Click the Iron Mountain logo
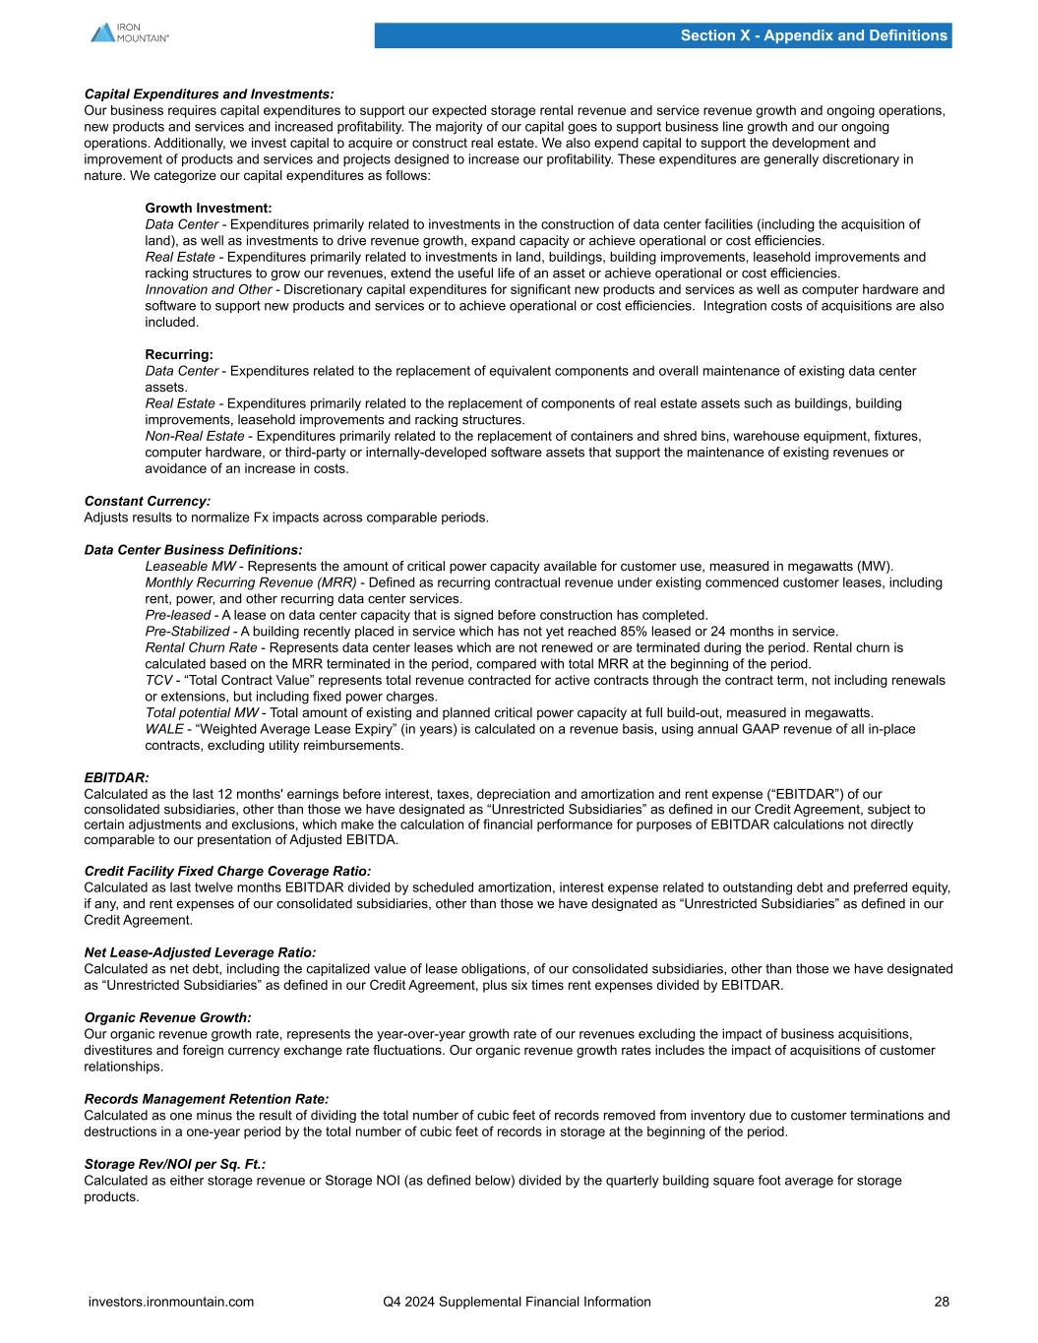click(x=129, y=32)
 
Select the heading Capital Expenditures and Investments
click(x=209, y=94)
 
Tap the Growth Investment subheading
click(x=209, y=208)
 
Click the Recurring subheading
click(x=179, y=354)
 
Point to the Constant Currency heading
click(x=148, y=501)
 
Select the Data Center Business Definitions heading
click(x=193, y=549)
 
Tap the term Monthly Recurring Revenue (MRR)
click(x=251, y=582)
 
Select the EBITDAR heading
click(x=116, y=777)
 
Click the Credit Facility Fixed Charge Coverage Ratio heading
click(x=228, y=871)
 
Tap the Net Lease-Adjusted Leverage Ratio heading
click(x=201, y=952)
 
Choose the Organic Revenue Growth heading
click(x=168, y=1017)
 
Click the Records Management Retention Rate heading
click(x=207, y=1098)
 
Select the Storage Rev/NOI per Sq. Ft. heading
click(x=175, y=1163)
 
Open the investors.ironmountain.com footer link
click(x=171, y=1302)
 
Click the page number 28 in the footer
click(x=942, y=1302)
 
